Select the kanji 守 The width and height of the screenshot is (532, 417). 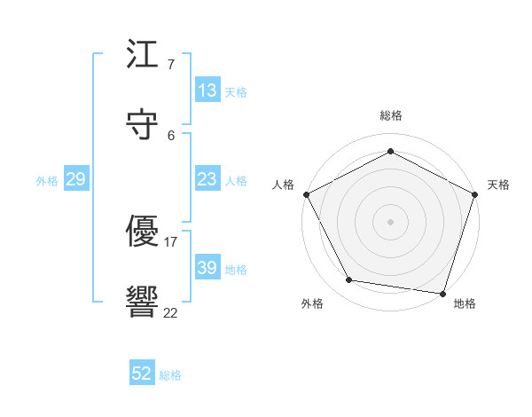click(143, 124)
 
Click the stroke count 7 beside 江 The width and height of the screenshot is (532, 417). click(171, 65)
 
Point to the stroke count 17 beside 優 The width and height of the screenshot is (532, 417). click(171, 241)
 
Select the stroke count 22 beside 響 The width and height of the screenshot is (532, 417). click(171, 312)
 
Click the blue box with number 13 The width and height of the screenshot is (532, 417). click(207, 90)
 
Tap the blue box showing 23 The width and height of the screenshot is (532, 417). click(207, 179)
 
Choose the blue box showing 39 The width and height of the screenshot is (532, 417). click(207, 268)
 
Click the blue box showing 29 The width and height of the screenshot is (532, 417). click(75, 179)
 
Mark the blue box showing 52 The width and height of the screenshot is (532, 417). click(142, 374)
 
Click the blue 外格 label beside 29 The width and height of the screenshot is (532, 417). click(47, 180)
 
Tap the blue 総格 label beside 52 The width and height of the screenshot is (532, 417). click(170, 375)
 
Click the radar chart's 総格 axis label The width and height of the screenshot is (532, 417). click(391, 115)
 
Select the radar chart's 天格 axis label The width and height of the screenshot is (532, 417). click(498, 185)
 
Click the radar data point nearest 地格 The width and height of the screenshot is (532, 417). click(443, 293)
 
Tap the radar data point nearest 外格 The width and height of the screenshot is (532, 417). click(349, 280)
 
